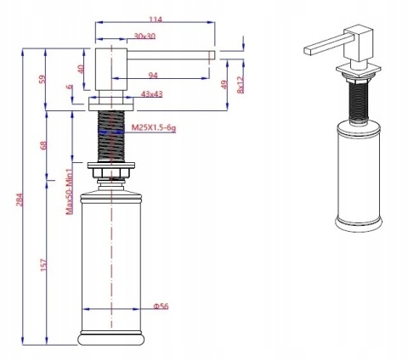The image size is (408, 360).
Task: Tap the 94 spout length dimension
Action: (x=153, y=75)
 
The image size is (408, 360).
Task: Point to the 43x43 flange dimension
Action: (x=152, y=93)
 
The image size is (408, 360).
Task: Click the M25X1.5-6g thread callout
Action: (x=155, y=127)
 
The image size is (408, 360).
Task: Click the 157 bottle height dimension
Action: (x=43, y=266)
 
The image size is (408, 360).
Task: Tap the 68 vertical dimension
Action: (x=43, y=145)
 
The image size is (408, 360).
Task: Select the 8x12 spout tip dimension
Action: (x=241, y=82)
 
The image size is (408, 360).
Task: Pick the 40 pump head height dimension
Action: (x=81, y=70)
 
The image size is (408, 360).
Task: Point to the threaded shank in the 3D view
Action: (x=351, y=99)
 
